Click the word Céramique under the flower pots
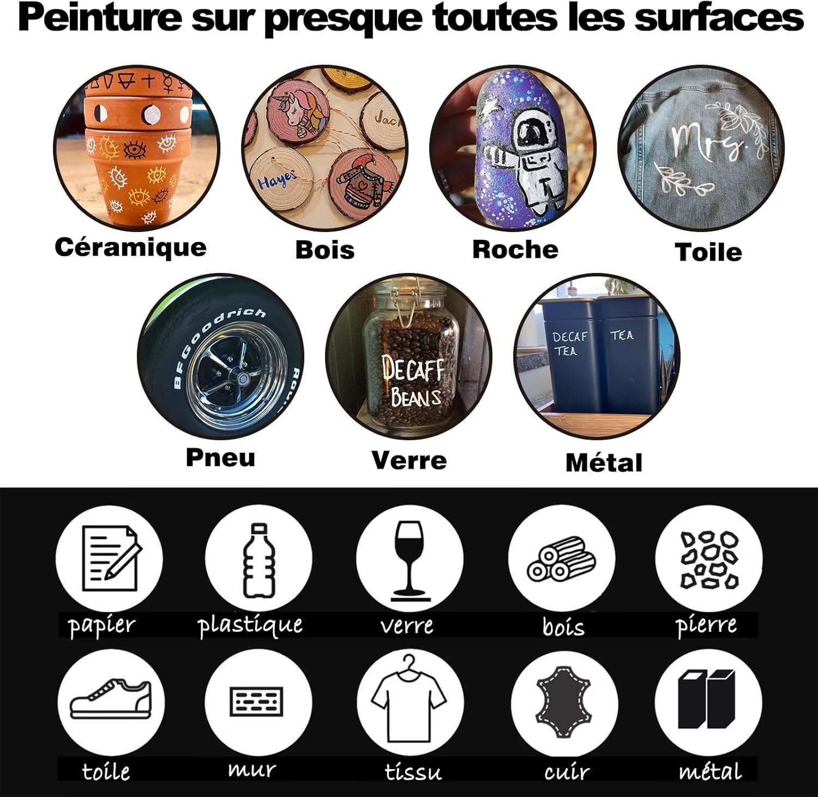pyautogui.click(x=131, y=247)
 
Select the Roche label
pyautogui.click(x=515, y=250)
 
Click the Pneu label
pyautogui.click(x=220, y=457)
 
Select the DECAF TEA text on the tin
pyautogui.click(x=569, y=343)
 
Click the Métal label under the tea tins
pyautogui.click(x=604, y=463)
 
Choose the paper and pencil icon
pyautogui.click(x=111, y=558)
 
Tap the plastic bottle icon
pyautogui.click(x=259, y=560)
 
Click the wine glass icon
pyautogui.click(x=410, y=560)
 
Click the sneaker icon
pyautogui.click(x=111, y=698)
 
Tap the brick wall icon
pyautogui.click(x=257, y=701)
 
